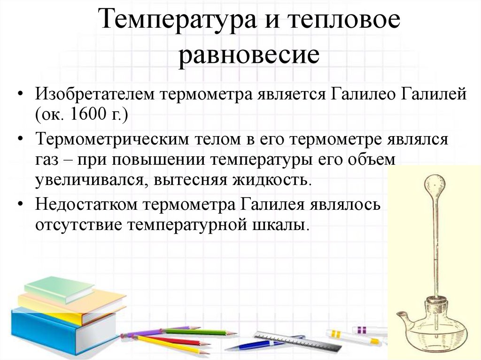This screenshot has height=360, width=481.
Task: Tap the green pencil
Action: [x=197, y=332]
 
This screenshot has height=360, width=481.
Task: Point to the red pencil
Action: [x=178, y=341]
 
